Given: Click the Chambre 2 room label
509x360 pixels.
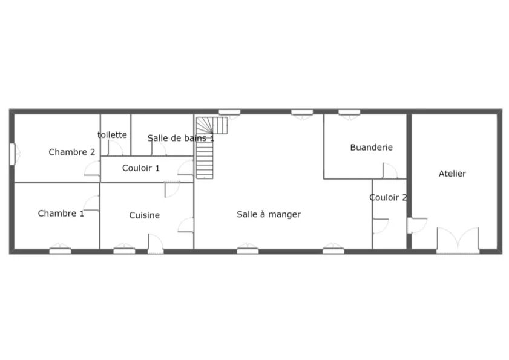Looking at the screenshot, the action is click(x=72, y=152).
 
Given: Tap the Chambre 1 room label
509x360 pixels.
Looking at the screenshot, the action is click(x=61, y=213).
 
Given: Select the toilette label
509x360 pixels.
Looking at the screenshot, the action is click(x=113, y=135).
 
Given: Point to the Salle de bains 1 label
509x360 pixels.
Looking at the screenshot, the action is click(x=181, y=138).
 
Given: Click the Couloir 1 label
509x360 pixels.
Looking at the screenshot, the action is click(x=141, y=168).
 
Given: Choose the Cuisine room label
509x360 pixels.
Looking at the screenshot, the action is click(x=145, y=215).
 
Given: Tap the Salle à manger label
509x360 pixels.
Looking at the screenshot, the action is click(x=269, y=214).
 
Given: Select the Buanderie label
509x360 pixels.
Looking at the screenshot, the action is click(x=372, y=148).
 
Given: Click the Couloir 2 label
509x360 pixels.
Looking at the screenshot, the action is click(x=388, y=197).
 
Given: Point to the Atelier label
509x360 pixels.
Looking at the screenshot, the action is click(x=452, y=174).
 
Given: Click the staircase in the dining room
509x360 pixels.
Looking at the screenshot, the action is click(x=208, y=148).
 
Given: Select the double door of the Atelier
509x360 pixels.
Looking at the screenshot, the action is click(x=458, y=241).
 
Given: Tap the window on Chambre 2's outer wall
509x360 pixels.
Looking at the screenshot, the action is click(x=12, y=154).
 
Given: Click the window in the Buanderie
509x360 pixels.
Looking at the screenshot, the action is click(x=349, y=113).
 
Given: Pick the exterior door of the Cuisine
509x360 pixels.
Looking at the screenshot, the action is click(x=156, y=244).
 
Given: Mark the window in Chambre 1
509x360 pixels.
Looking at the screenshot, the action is click(x=60, y=249).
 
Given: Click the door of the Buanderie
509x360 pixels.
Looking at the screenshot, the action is click(x=390, y=171).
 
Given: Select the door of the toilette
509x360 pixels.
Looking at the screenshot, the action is click(x=115, y=148).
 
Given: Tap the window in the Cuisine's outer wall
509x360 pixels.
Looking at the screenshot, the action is click(x=124, y=249).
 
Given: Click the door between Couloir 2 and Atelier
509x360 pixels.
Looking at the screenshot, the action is click(x=417, y=225).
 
